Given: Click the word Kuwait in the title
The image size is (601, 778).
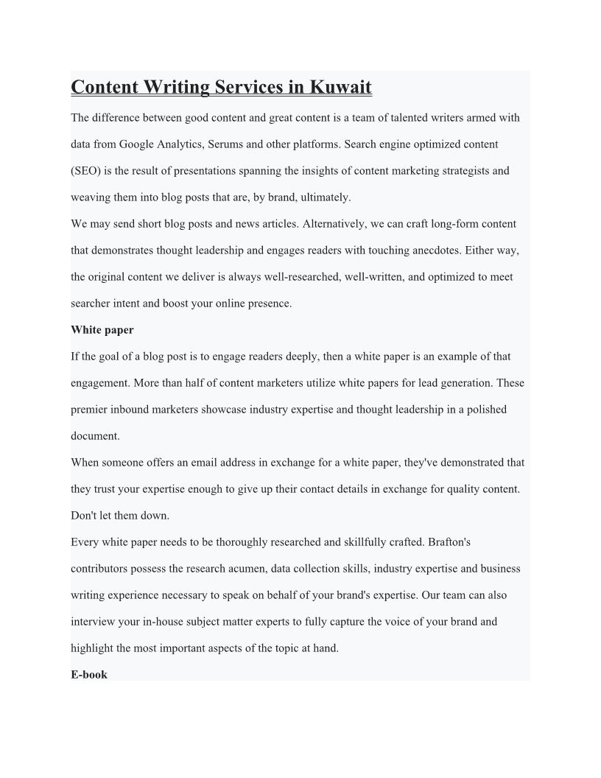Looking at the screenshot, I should (x=340, y=88).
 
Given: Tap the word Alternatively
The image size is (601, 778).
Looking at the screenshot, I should (x=332, y=224).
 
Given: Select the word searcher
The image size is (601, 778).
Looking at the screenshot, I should (x=91, y=304).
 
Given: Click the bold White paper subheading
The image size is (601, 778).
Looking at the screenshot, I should (x=102, y=330).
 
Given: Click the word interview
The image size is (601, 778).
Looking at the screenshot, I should (x=92, y=622).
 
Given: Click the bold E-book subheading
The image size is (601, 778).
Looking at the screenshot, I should (x=89, y=675).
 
